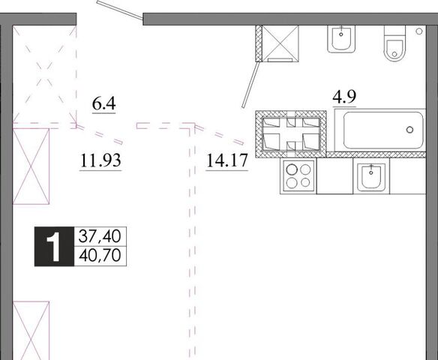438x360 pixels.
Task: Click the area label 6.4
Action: click(x=104, y=103)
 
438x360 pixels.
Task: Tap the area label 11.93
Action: click(x=100, y=160)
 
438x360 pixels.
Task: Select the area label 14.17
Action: click(x=227, y=160)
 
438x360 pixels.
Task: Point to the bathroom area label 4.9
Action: click(x=344, y=97)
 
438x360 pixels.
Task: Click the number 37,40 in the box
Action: click(x=100, y=236)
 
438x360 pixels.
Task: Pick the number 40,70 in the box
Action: click(x=100, y=255)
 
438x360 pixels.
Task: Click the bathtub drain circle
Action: click(x=409, y=130)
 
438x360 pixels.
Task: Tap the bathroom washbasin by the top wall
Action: click(x=341, y=39)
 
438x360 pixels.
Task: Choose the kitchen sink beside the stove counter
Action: click(x=371, y=176)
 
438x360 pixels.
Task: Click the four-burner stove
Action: click(x=298, y=176)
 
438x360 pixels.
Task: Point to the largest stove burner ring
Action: click(x=292, y=169)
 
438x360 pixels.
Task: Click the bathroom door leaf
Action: click(x=251, y=84)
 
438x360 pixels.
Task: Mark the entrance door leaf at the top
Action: click(x=120, y=10)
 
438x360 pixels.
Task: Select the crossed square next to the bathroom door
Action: click(x=280, y=43)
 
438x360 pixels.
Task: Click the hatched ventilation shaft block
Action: click(x=291, y=134)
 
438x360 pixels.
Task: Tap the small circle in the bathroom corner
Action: click(x=419, y=31)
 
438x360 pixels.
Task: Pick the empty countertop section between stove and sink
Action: click(x=334, y=176)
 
